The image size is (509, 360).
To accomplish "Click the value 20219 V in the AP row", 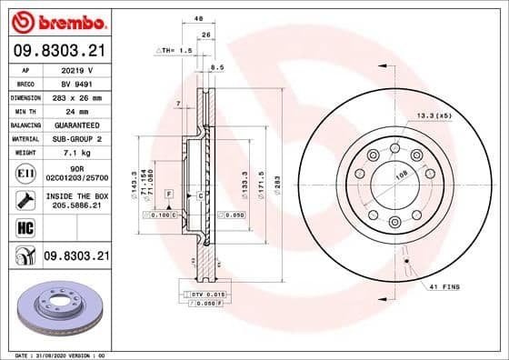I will pos(77,68).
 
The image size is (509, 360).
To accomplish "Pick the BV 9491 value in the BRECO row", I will pos(77,82).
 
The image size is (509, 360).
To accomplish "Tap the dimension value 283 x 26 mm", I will pos(78,96).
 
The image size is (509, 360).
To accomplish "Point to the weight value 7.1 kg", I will pos(77,154).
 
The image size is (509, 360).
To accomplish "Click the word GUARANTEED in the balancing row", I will pos(78,125).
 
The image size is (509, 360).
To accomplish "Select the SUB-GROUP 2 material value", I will pos(78,139).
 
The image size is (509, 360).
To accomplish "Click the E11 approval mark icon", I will pos(26,171).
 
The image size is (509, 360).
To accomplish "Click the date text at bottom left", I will pos(56,355).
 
